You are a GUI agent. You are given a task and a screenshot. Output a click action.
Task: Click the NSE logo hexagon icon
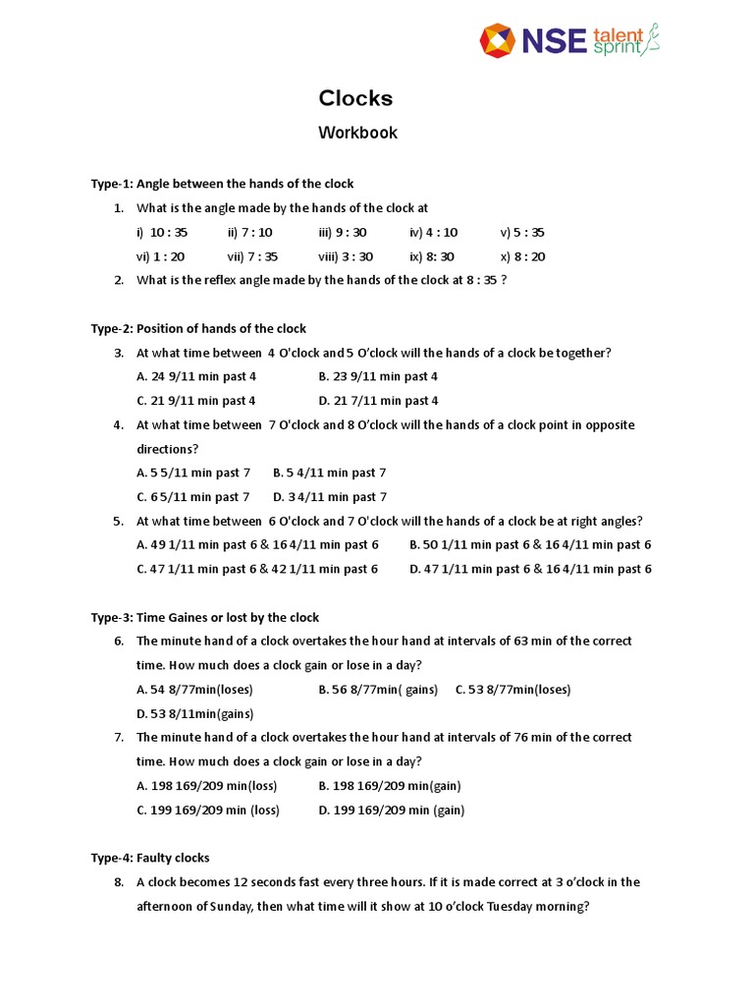[497, 40]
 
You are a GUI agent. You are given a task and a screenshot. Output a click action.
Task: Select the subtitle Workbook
[357, 133]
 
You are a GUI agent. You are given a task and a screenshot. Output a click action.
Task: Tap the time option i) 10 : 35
[162, 233]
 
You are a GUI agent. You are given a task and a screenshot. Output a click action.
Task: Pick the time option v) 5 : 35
[521, 233]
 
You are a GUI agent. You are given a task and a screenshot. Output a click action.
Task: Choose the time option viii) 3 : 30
[346, 256]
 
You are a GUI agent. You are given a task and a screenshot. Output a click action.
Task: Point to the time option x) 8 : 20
[522, 256]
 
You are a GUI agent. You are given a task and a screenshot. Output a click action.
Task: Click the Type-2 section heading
[198, 328]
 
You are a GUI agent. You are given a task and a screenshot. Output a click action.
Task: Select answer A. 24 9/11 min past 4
[196, 376]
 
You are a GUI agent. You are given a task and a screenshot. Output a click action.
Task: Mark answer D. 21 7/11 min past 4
[378, 401]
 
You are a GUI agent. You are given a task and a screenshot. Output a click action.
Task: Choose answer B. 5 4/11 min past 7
[329, 473]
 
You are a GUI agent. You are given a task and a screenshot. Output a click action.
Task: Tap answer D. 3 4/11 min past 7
[330, 497]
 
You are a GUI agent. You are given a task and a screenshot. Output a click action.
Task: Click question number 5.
[118, 521]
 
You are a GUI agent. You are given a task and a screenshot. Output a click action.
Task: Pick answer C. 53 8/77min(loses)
[512, 690]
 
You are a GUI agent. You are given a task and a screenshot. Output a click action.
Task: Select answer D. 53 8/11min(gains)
[195, 713]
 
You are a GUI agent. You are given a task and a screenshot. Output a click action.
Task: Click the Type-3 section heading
[205, 617]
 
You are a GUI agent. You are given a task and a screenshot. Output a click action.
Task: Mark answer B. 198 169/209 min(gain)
[390, 786]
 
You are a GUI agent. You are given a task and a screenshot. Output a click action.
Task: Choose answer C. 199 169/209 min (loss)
[208, 810]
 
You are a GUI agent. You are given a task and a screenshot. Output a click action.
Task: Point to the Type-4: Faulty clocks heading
[150, 858]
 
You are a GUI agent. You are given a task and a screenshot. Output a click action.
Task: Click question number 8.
[118, 882]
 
